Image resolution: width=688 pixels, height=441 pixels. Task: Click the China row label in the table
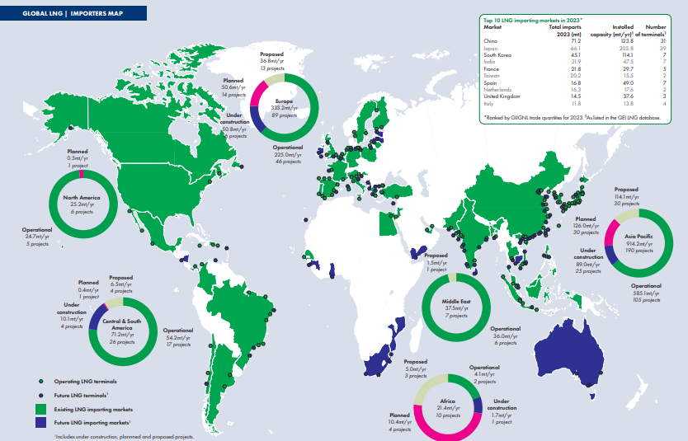[x=490, y=40]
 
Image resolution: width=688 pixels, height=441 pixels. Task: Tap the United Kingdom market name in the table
[x=502, y=97]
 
